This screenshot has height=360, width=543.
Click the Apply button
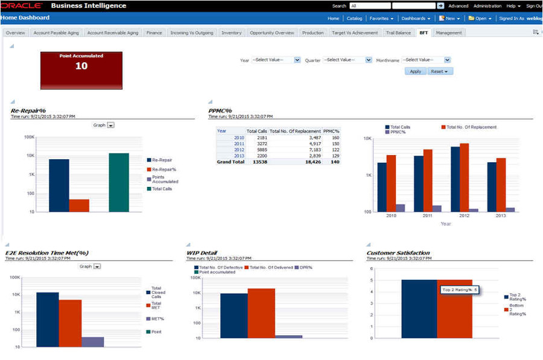point(415,71)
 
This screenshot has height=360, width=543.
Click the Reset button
point(440,71)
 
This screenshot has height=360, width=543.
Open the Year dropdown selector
point(276,60)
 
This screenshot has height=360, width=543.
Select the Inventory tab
point(231,33)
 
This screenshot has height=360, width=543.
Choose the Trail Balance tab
point(398,33)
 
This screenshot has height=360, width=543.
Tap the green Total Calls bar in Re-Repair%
point(119,182)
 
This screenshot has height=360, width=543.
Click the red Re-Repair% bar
point(79,205)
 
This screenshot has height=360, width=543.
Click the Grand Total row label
point(230,162)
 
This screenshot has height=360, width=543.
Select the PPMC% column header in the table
point(331,131)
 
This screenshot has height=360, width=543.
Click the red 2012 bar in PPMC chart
point(464,177)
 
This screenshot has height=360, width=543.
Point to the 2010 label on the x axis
point(391,215)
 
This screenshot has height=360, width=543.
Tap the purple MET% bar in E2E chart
point(92,341)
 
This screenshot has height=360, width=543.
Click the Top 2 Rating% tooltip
point(460,290)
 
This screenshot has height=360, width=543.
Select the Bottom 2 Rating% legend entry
point(516,309)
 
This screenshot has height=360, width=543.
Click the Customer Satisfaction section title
point(398,253)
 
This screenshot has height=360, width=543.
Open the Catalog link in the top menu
point(354,18)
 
